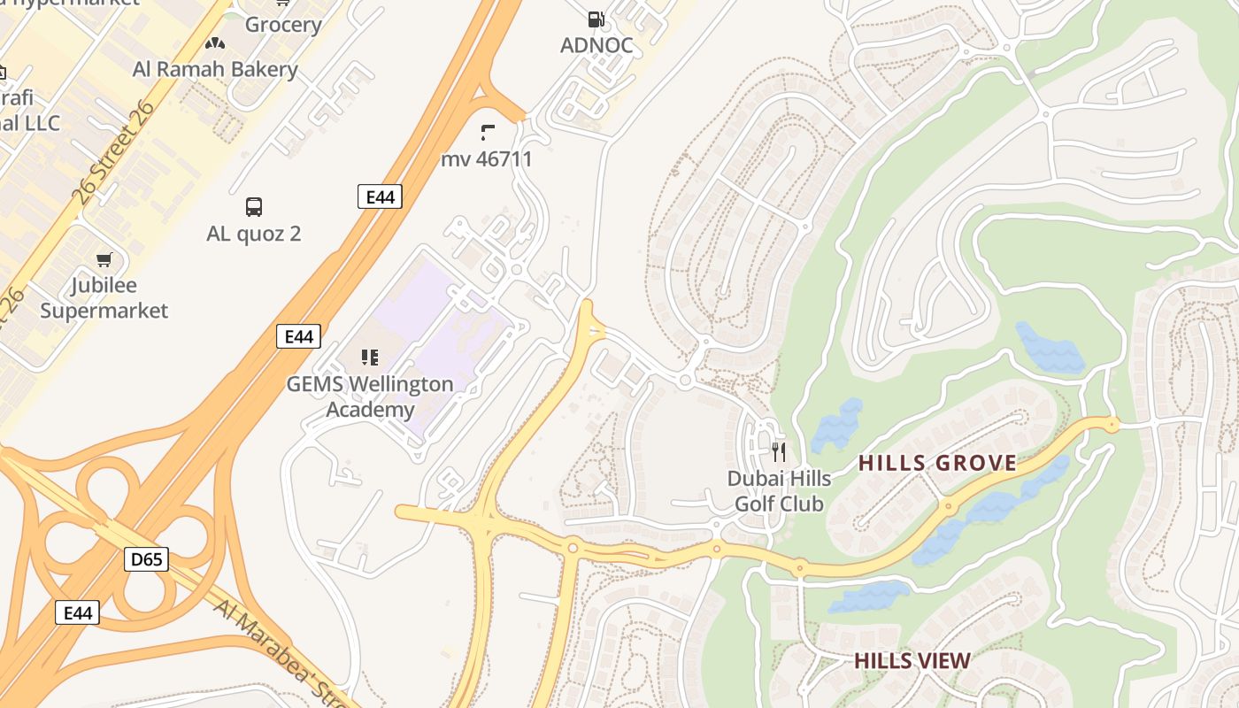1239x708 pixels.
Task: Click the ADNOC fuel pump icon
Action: coord(596,19)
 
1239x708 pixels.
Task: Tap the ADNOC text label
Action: coord(596,45)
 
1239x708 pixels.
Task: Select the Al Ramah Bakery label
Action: coord(215,69)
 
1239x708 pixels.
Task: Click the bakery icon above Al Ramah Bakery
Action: coord(215,42)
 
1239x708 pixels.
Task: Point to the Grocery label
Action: coord(282,24)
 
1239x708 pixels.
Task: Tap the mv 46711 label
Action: coord(487,159)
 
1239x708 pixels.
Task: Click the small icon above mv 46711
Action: coord(487,133)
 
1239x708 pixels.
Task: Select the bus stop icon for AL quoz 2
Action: coord(254,207)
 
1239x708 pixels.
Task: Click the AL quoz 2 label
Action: coord(254,234)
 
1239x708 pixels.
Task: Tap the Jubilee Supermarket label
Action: coord(104,298)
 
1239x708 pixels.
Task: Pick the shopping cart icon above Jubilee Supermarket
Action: coord(104,259)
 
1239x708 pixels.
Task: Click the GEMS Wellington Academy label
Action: coord(370,396)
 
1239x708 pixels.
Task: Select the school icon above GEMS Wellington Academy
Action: coord(370,358)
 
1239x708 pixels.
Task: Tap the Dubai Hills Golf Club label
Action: coord(779,491)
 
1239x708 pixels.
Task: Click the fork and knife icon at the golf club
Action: coord(779,452)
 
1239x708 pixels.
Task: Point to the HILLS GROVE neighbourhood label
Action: coord(937,463)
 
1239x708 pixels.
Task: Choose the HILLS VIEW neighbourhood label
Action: coord(912,661)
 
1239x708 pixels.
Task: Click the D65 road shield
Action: coord(146,559)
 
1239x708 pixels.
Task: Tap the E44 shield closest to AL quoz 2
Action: coord(380,196)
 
